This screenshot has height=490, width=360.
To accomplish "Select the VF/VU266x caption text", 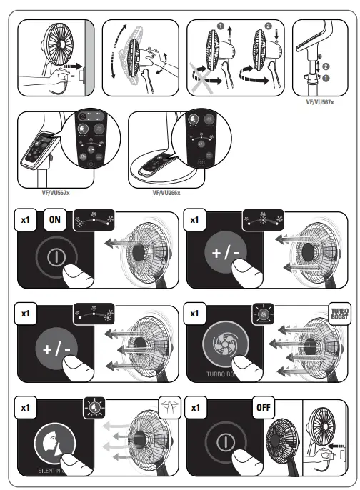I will click(x=166, y=192).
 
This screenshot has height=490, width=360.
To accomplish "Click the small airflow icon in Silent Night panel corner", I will click(x=168, y=405).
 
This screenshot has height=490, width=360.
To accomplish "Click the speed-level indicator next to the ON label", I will click(x=93, y=219).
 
